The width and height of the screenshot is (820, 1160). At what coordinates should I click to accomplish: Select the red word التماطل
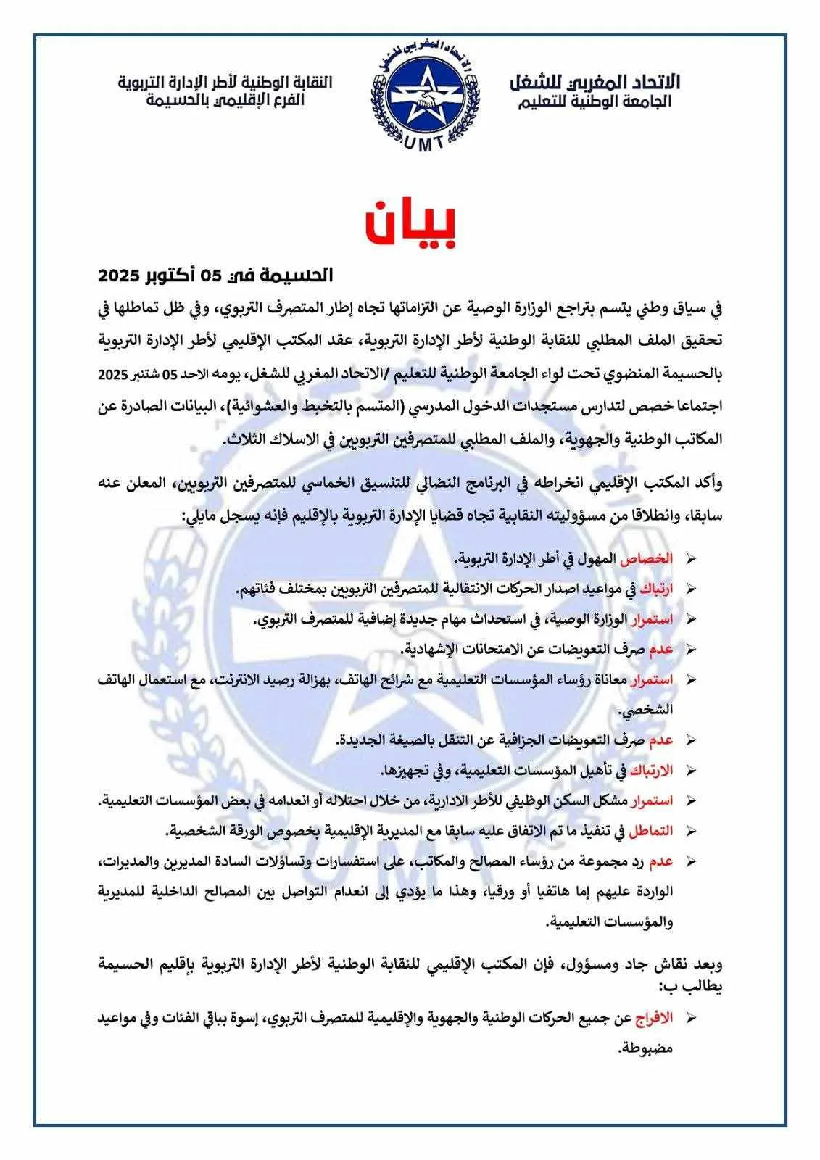click(650, 830)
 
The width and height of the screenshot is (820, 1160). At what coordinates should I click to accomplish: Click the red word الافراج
click(653, 1018)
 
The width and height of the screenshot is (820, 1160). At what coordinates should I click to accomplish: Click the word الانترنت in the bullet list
click(239, 680)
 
